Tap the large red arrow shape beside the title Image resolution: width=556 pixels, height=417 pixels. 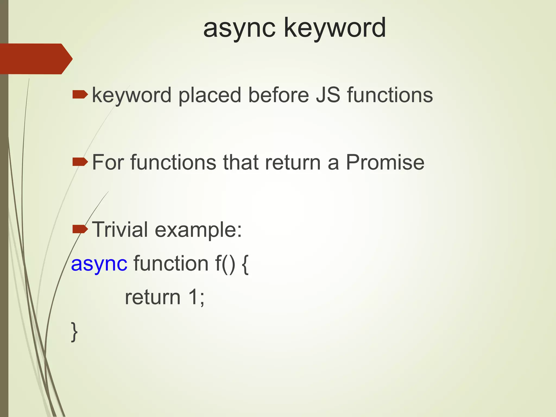pyautogui.click(x=35, y=59)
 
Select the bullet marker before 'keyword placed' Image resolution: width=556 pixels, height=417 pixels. pyautogui.click(x=80, y=95)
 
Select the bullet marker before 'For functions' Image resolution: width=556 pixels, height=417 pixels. pyautogui.click(x=80, y=162)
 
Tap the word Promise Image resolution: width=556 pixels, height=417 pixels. pyautogui.click(x=385, y=162)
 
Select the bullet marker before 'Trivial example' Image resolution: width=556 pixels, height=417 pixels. pyautogui.click(x=80, y=230)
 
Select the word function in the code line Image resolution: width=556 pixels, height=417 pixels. pyautogui.click(x=171, y=263)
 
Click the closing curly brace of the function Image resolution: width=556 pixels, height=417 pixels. pyautogui.click(x=74, y=332)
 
